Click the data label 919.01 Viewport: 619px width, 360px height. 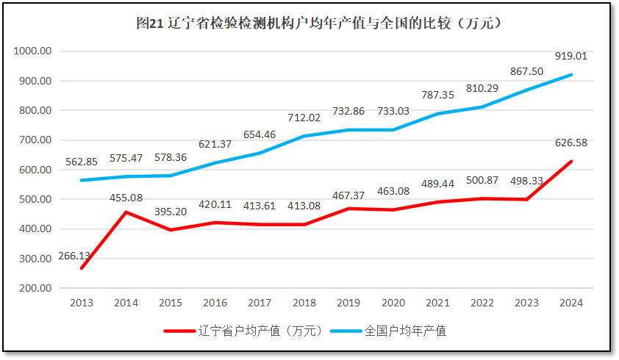571,56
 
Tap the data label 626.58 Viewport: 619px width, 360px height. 571,143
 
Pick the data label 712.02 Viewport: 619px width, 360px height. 304,118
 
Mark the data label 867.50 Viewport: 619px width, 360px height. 526,71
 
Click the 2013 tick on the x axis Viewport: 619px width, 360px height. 82,303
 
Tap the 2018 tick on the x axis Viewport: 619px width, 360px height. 304,303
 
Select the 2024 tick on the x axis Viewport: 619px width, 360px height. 571,303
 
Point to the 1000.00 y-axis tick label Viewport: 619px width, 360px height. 31,51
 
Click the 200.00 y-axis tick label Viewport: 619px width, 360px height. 33,288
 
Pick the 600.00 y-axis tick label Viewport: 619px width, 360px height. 33,170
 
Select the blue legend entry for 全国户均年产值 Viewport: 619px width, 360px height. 405,331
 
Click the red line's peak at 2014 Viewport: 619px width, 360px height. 126,212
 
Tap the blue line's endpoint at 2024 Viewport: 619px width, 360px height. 571,75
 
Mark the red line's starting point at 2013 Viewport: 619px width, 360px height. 82,268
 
